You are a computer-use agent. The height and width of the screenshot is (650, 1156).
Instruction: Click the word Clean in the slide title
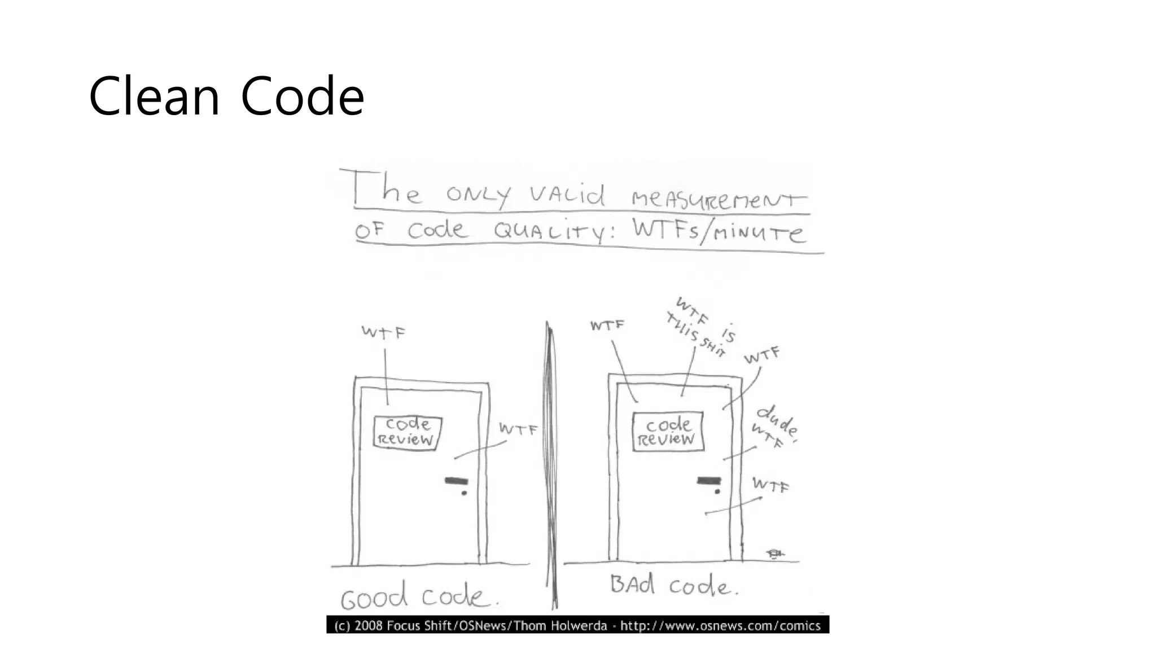(x=154, y=96)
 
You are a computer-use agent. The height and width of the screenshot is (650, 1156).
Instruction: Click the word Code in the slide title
(x=302, y=96)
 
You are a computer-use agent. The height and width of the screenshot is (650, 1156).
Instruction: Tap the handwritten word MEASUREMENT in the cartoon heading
(x=719, y=198)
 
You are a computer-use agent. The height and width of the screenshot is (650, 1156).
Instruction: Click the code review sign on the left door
(x=407, y=433)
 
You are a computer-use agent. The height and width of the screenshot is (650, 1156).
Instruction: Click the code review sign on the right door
(x=668, y=432)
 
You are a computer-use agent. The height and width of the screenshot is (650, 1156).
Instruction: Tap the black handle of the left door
(x=456, y=481)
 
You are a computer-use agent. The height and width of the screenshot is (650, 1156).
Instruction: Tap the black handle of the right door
(x=709, y=481)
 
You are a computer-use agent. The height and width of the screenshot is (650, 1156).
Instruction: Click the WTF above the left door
(x=383, y=332)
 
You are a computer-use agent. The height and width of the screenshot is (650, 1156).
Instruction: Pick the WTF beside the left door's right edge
(x=518, y=430)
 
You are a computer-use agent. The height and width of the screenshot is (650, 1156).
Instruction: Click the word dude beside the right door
(x=777, y=420)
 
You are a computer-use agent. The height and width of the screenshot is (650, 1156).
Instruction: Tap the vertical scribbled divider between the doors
(x=551, y=463)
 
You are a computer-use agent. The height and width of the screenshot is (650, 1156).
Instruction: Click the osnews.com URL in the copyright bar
(x=720, y=625)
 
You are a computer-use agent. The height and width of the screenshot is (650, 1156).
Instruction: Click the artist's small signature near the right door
(x=774, y=554)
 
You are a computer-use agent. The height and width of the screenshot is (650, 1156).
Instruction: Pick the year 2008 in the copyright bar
(x=369, y=625)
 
